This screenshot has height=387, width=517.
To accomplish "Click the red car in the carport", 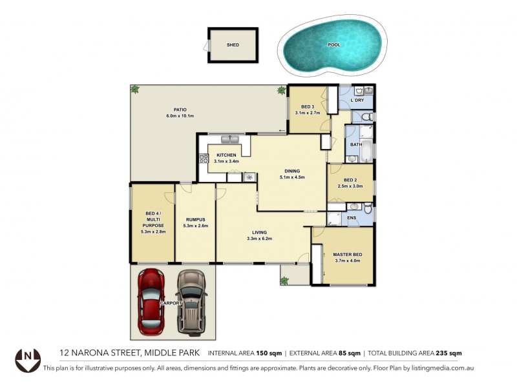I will click(152, 300).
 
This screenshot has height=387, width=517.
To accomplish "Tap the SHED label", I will click(233, 45).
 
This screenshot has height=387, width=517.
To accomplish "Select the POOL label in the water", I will click(333, 45).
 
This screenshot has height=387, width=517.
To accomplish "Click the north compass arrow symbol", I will click(28, 357).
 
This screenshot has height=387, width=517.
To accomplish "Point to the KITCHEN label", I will click(227, 155).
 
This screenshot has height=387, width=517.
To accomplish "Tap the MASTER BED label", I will click(348, 255).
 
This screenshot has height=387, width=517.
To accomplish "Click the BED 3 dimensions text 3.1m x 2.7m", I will click(308, 113).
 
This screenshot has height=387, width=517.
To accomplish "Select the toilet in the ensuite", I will click(367, 208).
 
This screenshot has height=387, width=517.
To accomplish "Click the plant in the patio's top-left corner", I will click(135, 90).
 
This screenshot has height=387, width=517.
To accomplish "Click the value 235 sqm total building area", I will click(447, 353).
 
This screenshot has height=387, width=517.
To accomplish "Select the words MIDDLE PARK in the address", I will click(172, 353).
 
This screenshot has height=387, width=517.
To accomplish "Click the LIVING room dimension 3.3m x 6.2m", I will click(259, 239).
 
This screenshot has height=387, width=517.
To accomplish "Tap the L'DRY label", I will click(357, 100).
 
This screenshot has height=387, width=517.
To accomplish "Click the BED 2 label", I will click(350, 180).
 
